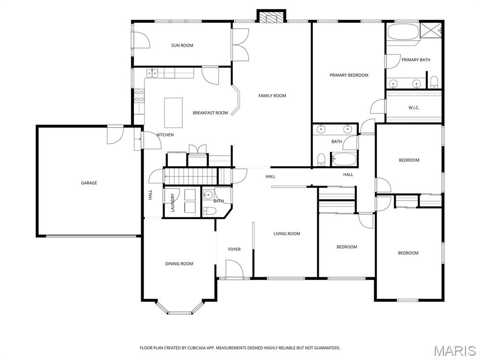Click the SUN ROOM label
coord(182,45)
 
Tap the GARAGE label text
coord(89,183)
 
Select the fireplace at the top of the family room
coord(271,17)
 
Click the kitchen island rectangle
coord(173,112)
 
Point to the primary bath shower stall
coord(430,30)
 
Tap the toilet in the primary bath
coord(434,82)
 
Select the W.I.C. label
coord(413,108)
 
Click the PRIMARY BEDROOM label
coord(349,75)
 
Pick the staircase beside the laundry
coord(191,177)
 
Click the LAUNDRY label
coord(172,202)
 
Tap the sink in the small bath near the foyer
coord(209,195)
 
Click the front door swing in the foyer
coord(234,269)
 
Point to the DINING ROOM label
coord(179,264)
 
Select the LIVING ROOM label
coord(287,234)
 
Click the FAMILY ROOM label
coord(272,96)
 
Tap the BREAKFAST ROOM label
coord(210,113)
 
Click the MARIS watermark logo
coord(454,351)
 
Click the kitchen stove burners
coord(139,96)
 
